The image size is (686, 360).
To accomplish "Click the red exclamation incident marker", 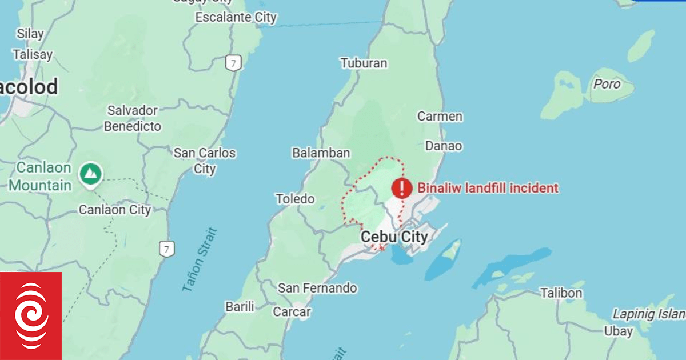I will click(402, 187).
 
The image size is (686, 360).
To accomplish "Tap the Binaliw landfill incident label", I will click(488, 187).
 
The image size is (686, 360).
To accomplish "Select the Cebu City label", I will click(394, 237).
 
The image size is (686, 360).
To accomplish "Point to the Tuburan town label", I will click(364, 63).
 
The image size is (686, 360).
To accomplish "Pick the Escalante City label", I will click(236, 17).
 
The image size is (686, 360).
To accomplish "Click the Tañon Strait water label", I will click(200, 261).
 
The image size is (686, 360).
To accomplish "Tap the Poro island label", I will click(607, 84).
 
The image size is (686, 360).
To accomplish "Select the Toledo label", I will click(295, 199).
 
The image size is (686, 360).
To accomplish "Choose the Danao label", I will click(444, 146).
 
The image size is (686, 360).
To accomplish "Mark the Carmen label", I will click(440, 117).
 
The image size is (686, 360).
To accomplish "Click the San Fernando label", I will click(317, 288).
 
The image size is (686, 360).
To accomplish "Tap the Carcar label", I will click(292, 312).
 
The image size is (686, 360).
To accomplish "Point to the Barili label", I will click(240, 307).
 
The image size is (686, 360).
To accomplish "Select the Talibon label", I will click(561, 293).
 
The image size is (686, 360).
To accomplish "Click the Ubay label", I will click(618, 331).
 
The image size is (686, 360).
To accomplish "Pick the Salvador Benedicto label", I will click(132, 118).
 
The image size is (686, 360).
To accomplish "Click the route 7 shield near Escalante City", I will click(232, 63).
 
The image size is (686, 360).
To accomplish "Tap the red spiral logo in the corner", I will click(31, 316).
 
